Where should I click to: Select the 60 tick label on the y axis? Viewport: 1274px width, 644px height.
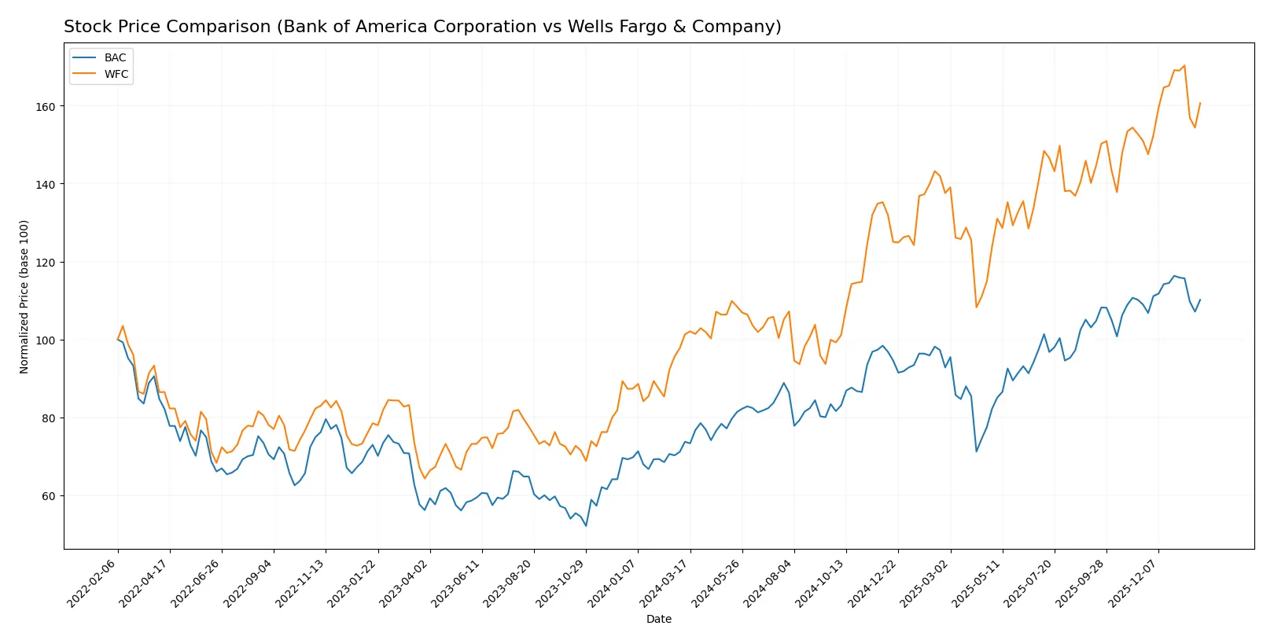click(x=48, y=496)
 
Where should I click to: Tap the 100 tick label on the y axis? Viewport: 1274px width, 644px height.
click(x=45, y=340)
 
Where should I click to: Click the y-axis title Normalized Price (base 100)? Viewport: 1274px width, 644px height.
click(x=24, y=296)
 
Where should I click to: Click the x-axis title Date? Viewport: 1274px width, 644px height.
click(x=658, y=619)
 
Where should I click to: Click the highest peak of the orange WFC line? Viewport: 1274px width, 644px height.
click(x=1184, y=66)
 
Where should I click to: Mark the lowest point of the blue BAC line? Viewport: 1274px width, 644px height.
click(x=586, y=525)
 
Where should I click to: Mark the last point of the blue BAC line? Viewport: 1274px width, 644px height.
click(x=1200, y=300)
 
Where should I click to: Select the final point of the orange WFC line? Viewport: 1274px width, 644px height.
click(x=1200, y=103)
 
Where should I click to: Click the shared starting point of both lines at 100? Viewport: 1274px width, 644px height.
click(x=118, y=340)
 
